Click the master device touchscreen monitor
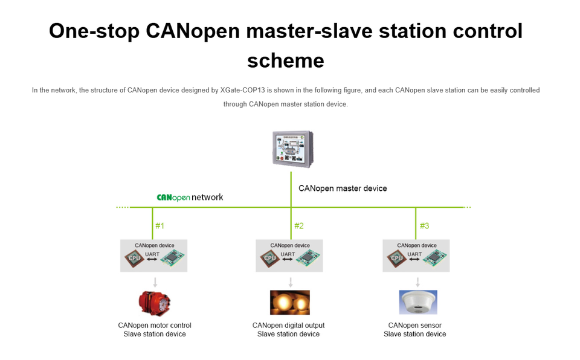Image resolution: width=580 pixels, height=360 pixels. pos(292,148)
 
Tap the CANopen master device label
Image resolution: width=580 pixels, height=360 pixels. pos(343,188)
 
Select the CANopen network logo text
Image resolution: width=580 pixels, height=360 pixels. pos(190,197)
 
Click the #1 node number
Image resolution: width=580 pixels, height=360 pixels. pos(159,226)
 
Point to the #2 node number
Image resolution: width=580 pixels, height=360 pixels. pos(298,226)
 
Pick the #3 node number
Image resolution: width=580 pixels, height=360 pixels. pos(424,226)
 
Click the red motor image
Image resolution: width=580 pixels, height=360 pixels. pos(155,302)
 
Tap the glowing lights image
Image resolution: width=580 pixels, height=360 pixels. pos(289,302)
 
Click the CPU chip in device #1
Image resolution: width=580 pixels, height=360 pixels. pos(134,258)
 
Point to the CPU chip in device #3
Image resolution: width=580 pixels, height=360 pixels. pos(396,258)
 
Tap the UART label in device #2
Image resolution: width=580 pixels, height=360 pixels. pos(288,254)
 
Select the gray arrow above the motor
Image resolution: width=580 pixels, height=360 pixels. pos(155,281)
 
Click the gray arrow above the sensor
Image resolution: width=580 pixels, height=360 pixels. pos(417,281)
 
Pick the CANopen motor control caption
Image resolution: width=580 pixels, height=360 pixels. pos(155,326)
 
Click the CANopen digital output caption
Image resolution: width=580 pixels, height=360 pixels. pos(288,326)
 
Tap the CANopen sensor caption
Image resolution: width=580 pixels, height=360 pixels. pos(415,326)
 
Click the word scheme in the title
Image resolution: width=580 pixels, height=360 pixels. pos(285,60)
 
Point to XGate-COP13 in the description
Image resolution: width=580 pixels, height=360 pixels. pos(247,90)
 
